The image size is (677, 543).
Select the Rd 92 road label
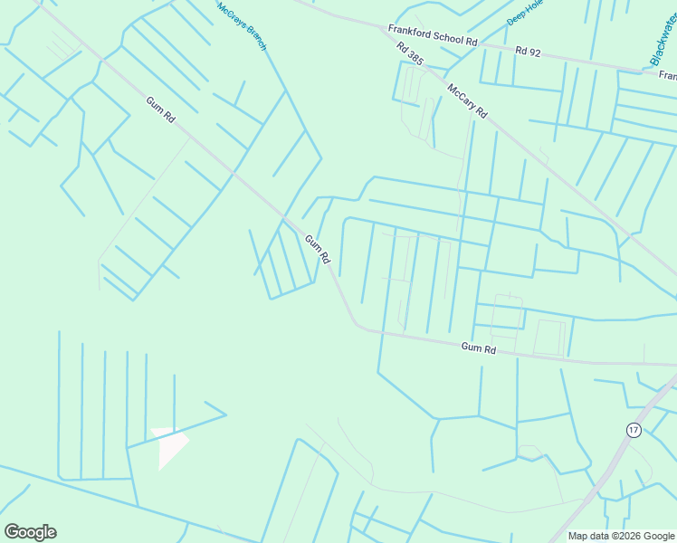coord(528,52)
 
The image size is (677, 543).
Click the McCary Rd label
coord(467,100)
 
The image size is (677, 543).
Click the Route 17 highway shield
coord(633,430)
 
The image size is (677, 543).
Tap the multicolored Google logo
coord(30,532)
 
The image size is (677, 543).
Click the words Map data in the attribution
coord(590,536)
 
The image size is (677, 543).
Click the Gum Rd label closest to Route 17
coord(478,348)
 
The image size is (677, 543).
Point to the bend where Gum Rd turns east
coord(358,325)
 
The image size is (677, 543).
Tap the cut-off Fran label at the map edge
coord(668,76)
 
